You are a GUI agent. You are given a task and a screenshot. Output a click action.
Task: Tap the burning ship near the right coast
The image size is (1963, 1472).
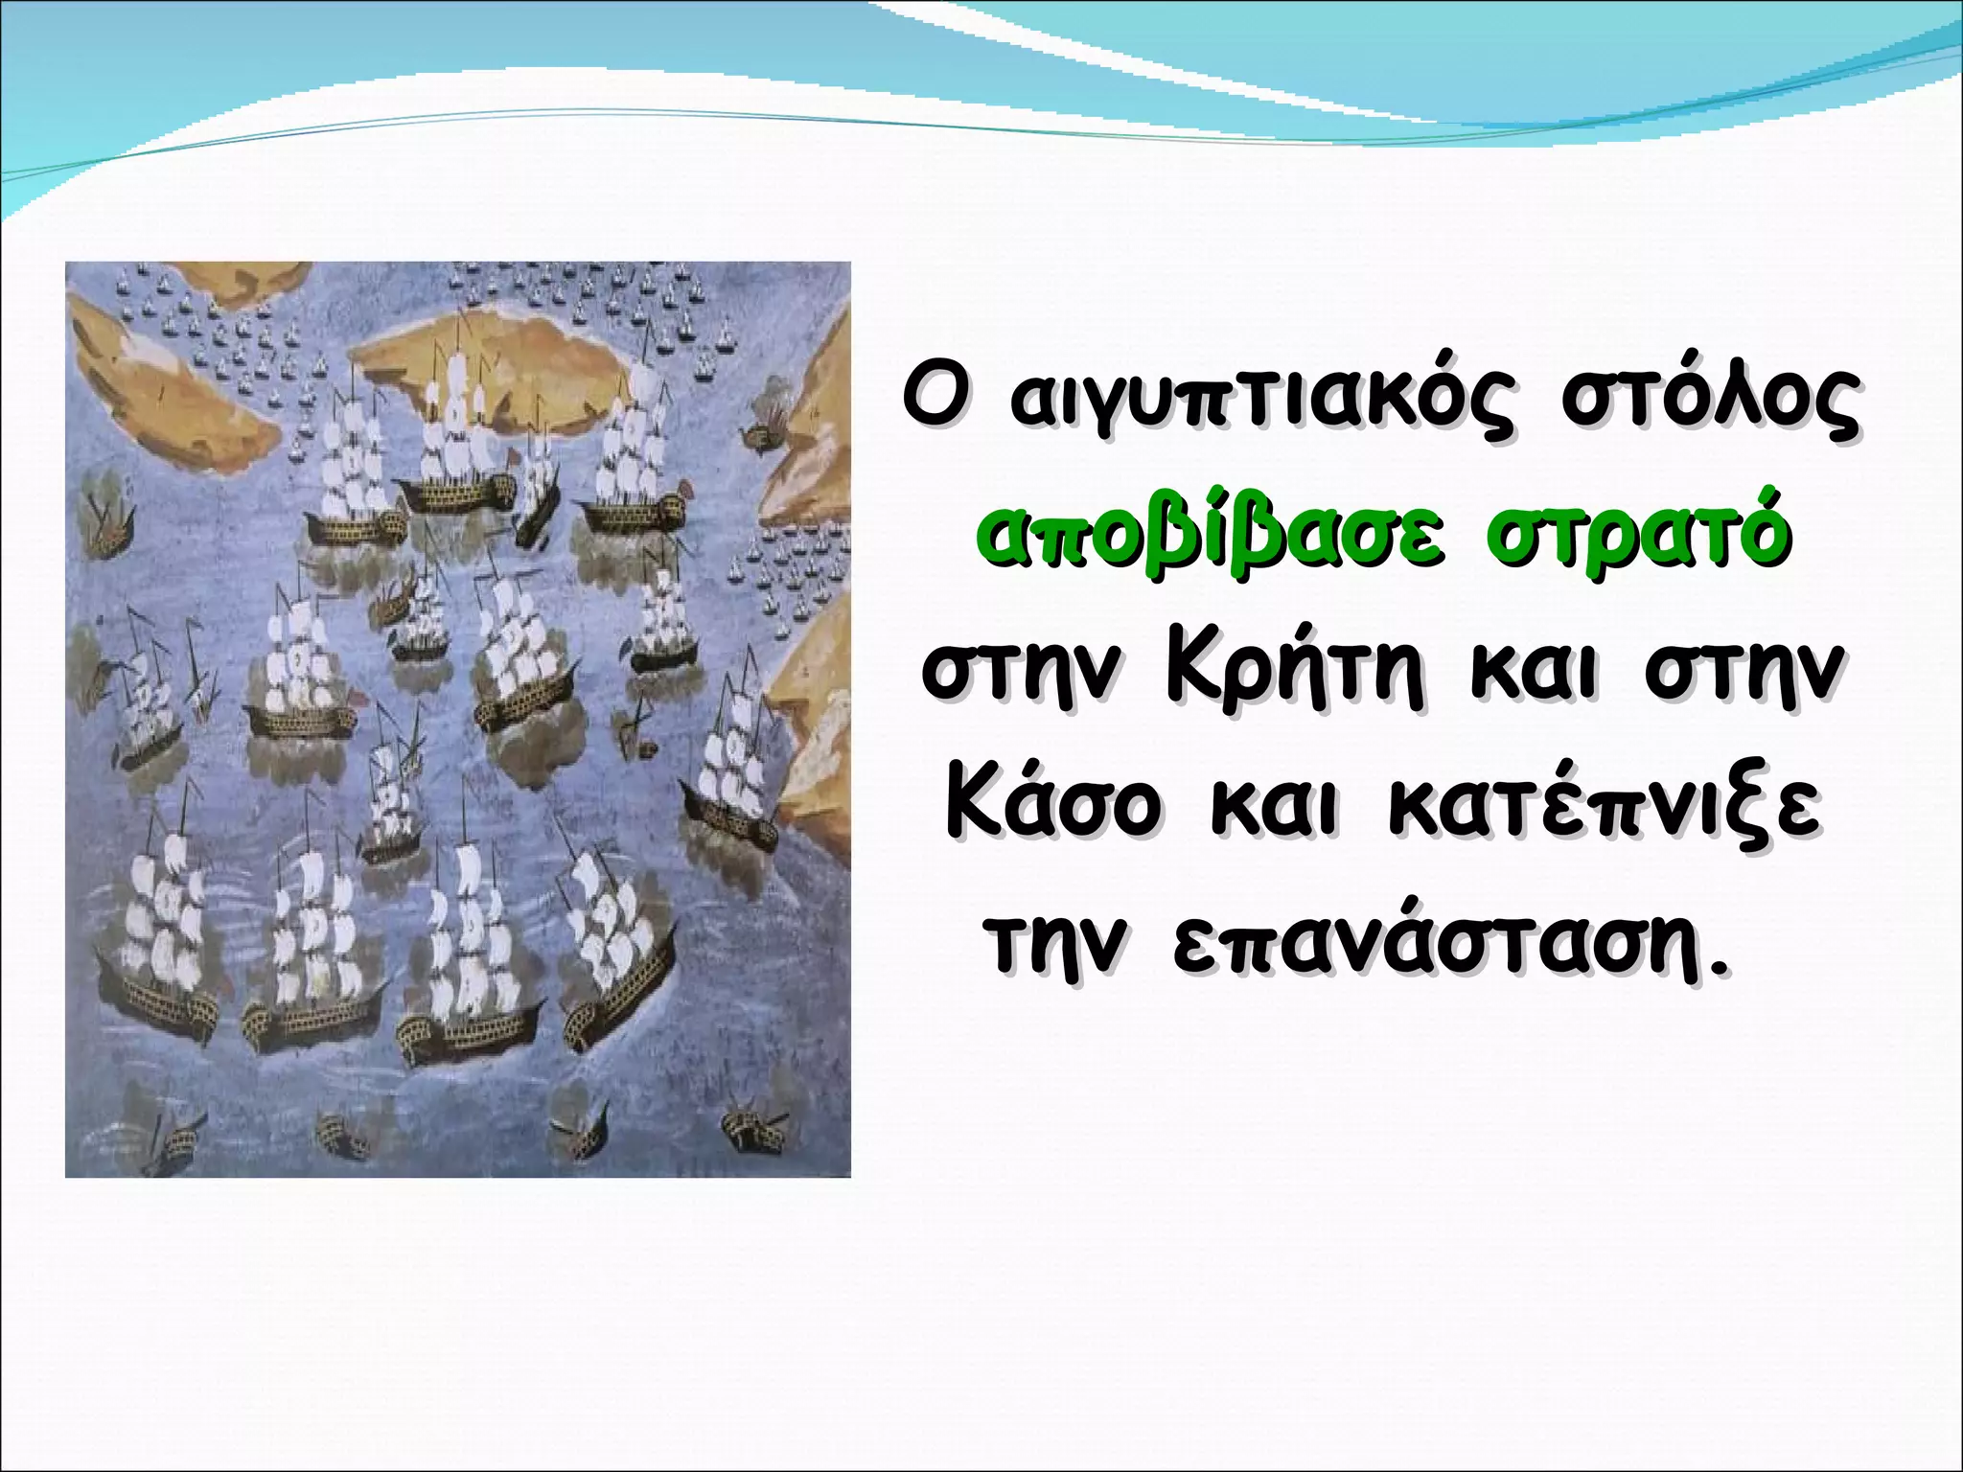(767, 426)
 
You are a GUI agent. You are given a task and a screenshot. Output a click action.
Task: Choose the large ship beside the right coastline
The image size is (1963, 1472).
(728, 767)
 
